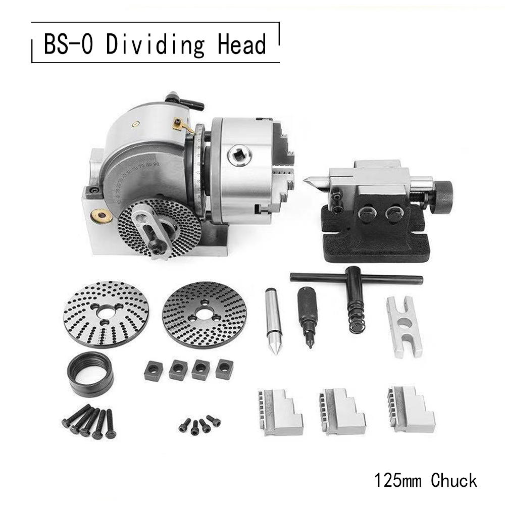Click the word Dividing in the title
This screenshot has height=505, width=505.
click(156, 45)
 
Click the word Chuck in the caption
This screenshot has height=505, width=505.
click(454, 480)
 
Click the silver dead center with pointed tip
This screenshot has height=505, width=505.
click(273, 320)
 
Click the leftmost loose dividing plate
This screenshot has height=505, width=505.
click(106, 314)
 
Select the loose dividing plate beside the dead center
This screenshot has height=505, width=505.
click(204, 314)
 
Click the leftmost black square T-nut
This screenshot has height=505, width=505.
click(153, 371)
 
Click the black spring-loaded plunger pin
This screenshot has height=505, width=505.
click(308, 316)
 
